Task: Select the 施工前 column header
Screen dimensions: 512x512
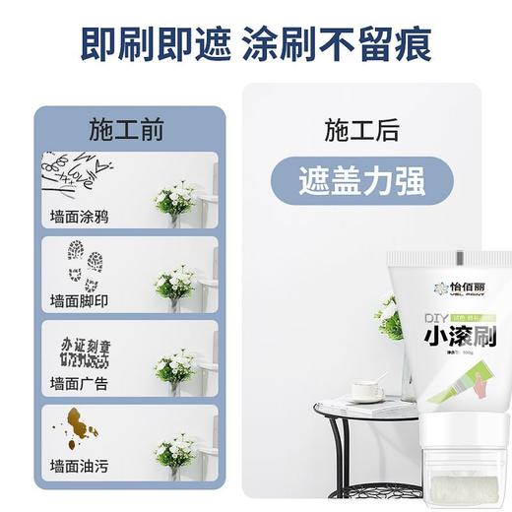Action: (125, 130)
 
